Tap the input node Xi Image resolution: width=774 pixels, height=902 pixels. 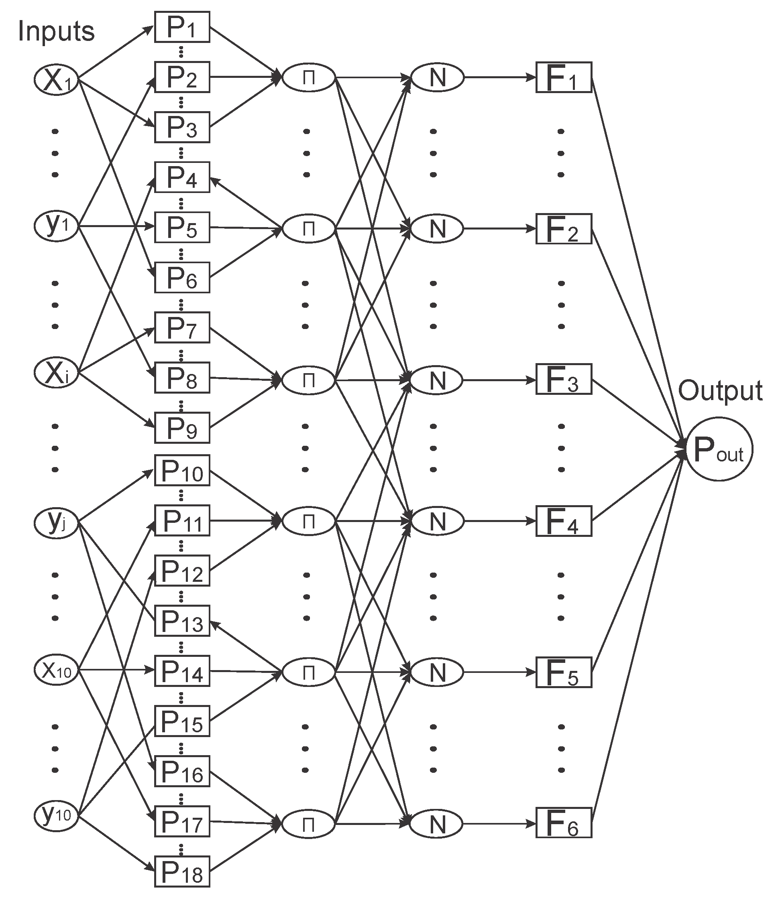(56, 373)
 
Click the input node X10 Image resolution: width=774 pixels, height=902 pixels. (56, 670)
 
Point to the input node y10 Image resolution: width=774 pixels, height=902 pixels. (56, 815)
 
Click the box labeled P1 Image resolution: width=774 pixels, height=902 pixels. (182, 27)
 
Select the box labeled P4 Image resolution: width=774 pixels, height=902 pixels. (182, 177)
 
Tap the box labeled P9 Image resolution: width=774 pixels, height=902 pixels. (182, 428)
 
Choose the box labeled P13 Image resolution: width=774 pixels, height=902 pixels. (182, 621)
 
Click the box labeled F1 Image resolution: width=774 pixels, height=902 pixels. (564, 77)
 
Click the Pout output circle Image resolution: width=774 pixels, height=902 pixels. (719, 449)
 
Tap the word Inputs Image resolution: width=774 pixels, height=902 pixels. (56, 31)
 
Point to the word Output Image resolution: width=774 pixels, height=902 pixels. (720, 390)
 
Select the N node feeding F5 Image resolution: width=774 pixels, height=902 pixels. (437, 672)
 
